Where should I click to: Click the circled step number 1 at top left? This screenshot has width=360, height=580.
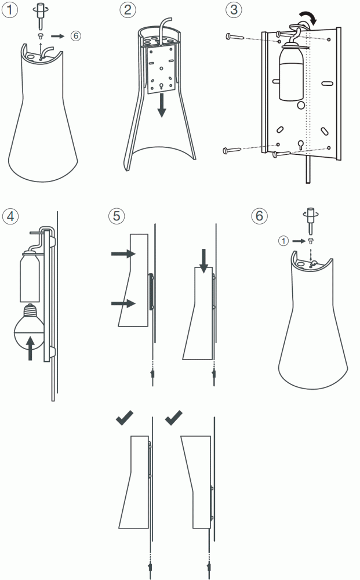10,10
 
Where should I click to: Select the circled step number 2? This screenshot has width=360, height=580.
128,10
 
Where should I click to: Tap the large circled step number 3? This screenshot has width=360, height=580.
234,10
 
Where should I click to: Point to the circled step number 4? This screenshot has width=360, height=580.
10,216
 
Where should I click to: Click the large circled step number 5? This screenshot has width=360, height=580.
117,216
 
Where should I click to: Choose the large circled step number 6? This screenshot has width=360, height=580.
259,216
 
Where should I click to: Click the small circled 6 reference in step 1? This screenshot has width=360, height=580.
76,36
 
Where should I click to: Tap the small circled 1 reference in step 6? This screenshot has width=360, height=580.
283,241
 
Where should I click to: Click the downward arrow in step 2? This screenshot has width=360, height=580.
161,105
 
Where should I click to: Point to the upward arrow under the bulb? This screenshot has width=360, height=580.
30,347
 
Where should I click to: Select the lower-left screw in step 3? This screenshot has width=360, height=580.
232,150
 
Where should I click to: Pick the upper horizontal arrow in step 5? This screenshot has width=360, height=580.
123,254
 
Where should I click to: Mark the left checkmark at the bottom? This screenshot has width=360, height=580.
125,418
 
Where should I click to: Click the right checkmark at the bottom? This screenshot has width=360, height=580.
174,418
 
